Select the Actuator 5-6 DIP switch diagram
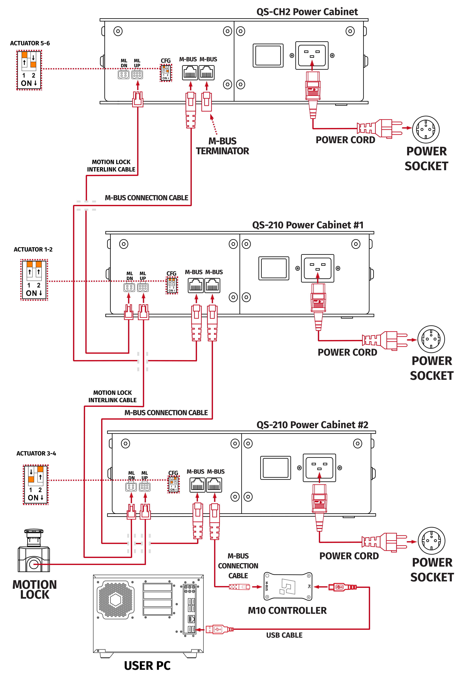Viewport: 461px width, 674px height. (29, 70)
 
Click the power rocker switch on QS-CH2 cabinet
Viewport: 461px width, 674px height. (268, 55)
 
